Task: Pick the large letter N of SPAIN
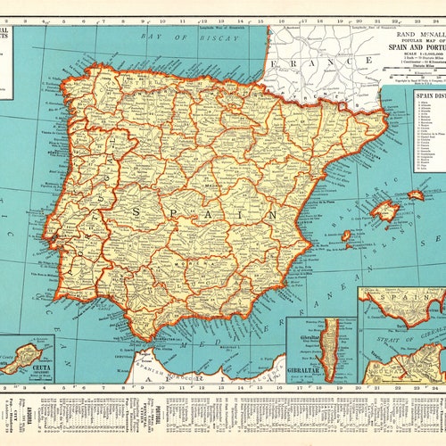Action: coord(268,215)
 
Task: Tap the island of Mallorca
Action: coord(384,211)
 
